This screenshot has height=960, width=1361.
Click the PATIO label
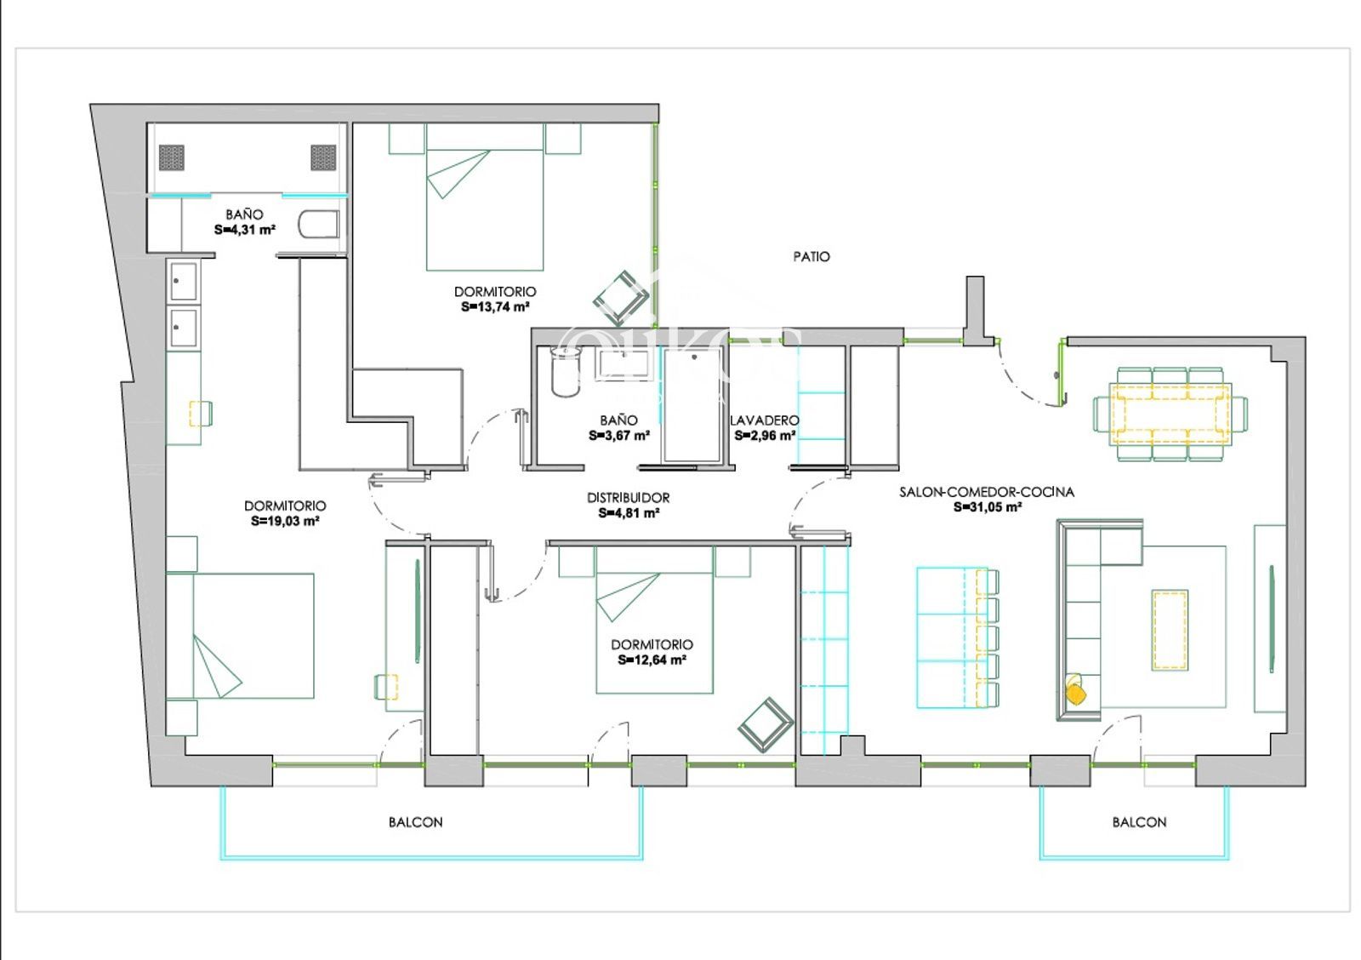point(811,257)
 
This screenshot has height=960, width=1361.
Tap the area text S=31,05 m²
point(987,508)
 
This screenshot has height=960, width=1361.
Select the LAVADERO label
point(765,420)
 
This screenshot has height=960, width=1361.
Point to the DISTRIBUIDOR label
point(629,498)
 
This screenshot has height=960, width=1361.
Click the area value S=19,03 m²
point(285,522)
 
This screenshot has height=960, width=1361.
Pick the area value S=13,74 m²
point(495,307)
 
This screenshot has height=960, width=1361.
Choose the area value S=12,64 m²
point(652,660)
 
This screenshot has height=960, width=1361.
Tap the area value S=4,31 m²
point(245,230)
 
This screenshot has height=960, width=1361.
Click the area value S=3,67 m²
point(619,436)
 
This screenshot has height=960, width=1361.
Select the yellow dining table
point(1170,414)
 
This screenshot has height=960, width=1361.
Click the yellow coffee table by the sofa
point(1170,630)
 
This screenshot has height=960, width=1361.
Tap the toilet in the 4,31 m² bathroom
point(318,225)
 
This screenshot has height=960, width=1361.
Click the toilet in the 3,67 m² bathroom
point(565,371)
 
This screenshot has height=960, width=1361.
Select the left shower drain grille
point(171,158)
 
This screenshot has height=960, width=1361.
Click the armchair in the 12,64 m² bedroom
point(766,725)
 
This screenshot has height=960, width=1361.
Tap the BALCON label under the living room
point(1139,823)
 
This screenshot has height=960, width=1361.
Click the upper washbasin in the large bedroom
point(184,282)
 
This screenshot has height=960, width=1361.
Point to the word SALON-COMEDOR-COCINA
point(987,493)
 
